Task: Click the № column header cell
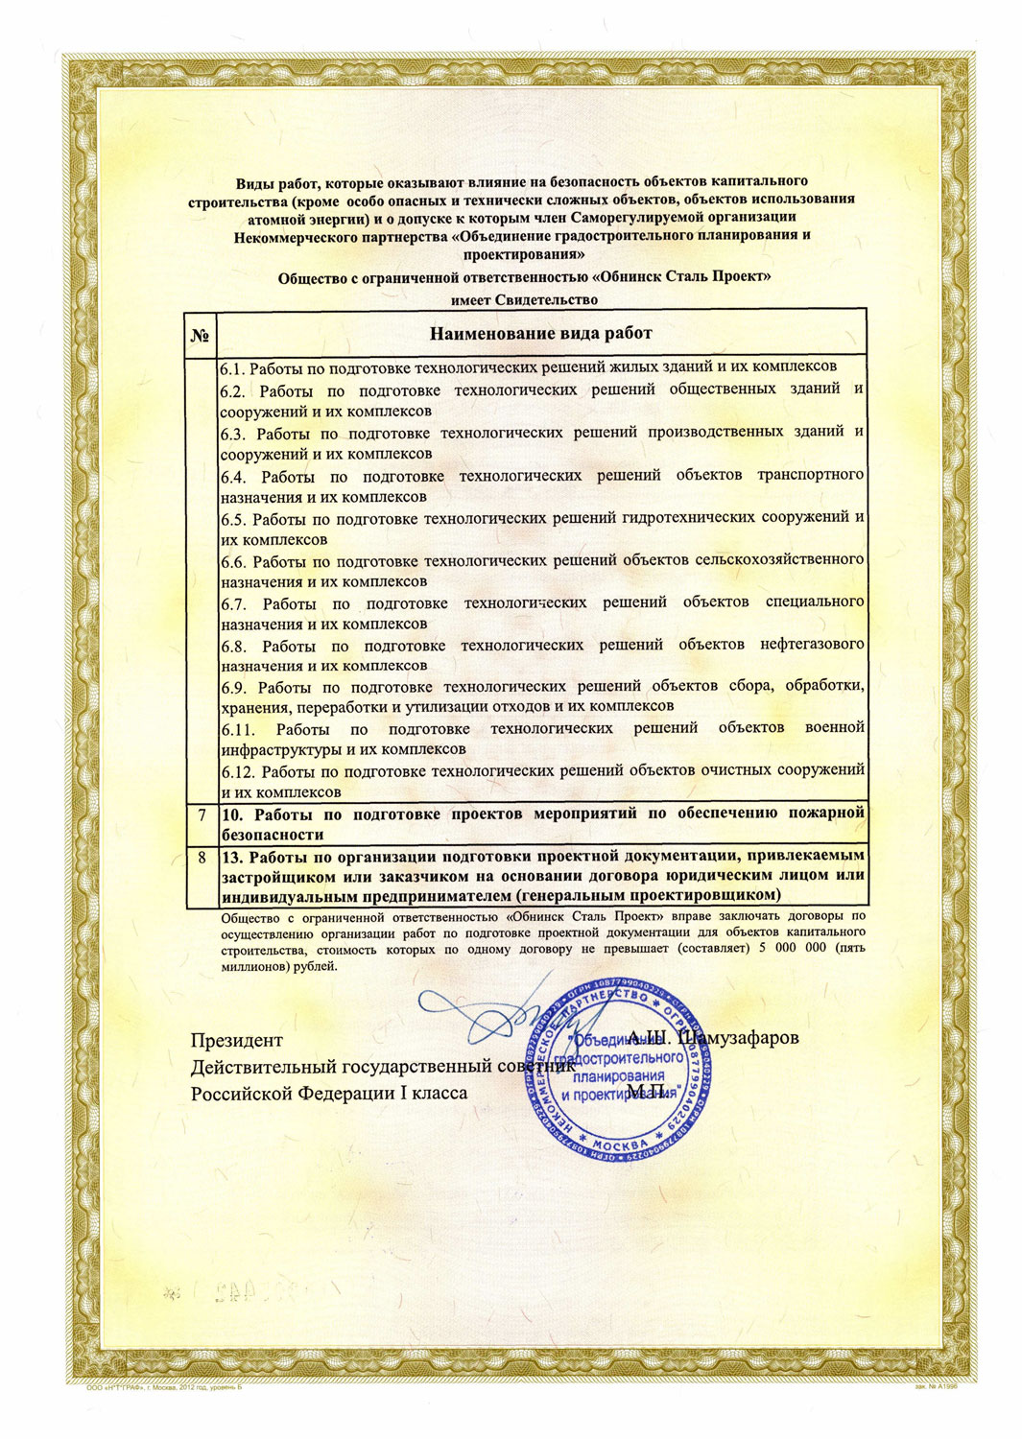coord(201,334)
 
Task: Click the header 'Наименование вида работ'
coord(540,334)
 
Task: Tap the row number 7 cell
coord(202,814)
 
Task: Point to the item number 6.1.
coord(232,366)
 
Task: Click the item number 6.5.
coord(234,518)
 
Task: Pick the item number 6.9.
coord(234,687)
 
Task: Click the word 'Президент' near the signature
coord(237,1040)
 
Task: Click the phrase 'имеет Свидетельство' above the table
coord(524,299)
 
